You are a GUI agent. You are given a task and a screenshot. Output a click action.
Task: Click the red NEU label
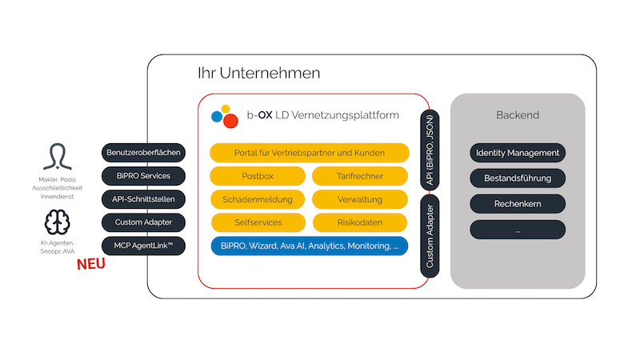(91, 265)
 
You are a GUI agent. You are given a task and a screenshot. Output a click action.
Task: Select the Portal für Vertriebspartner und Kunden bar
(310, 153)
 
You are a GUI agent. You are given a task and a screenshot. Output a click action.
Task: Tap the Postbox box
(258, 176)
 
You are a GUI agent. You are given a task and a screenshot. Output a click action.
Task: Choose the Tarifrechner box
(360, 176)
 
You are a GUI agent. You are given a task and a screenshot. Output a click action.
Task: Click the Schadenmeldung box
(258, 199)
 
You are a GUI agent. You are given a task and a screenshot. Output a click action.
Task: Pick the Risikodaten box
(360, 222)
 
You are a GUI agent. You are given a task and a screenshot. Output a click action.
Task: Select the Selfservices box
(258, 222)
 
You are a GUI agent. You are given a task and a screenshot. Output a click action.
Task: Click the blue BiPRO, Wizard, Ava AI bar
(310, 246)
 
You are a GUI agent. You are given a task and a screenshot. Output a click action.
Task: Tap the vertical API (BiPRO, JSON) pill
(430, 150)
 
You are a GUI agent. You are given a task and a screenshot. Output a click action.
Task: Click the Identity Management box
(518, 153)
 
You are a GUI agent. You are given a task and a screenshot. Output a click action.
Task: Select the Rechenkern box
(518, 204)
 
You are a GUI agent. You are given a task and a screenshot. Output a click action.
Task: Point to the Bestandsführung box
(518, 178)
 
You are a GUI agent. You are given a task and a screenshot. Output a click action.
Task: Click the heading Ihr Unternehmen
(258, 73)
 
